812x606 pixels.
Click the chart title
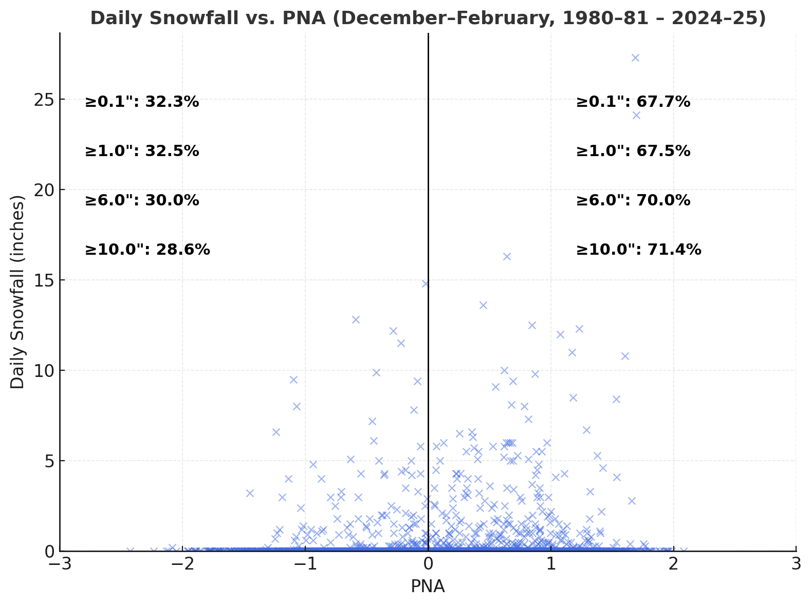tap(428, 18)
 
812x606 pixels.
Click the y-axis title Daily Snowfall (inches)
tap(18, 292)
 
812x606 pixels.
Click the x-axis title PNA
tap(428, 586)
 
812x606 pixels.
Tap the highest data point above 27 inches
tap(635, 58)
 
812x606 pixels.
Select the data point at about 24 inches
tap(636, 115)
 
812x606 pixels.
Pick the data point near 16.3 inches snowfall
tap(507, 256)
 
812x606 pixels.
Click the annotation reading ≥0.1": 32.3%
tap(142, 102)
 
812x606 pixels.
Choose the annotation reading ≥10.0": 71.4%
tap(639, 250)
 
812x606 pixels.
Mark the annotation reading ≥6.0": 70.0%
tap(633, 201)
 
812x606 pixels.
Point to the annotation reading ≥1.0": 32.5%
tap(142, 151)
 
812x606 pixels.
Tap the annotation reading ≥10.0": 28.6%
tap(147, 250)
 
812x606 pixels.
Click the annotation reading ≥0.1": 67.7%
tap(633, 102)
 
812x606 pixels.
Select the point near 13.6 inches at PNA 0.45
tap(483, 305)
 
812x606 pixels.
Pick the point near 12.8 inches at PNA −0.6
tap(356, 319)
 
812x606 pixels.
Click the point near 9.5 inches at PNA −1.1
tap(293, 380)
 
